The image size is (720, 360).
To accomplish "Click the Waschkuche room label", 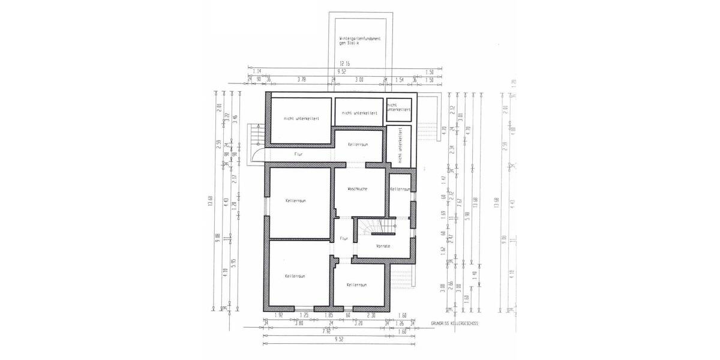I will [x=358, y=189].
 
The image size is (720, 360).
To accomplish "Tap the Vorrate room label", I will [x=383, y=246].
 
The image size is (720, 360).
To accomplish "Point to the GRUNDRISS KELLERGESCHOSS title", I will [x=458, y=322].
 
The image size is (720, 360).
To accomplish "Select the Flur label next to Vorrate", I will [x=344, y=238].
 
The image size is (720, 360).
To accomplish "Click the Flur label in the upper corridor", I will [x=298, y=154].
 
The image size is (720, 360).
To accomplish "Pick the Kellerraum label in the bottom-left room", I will [x=296, y=276].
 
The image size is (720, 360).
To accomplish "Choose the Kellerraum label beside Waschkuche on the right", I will [x=400, y=189].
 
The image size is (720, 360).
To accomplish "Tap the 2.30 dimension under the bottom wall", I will [x=371, y=316].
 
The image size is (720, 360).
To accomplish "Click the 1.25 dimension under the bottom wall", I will [x=305, y=316].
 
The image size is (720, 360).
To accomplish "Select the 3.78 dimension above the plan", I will [x=302, y=79].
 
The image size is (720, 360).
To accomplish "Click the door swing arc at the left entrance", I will [x=258, y=155].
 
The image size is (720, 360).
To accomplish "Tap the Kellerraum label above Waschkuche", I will [x=358, y=145].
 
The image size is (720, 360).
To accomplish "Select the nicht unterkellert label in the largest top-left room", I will [x=301, y=119].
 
